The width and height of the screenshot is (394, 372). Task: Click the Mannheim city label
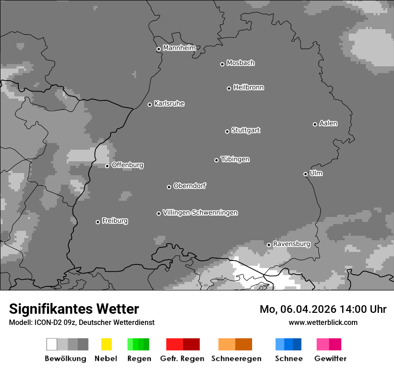[179, 48]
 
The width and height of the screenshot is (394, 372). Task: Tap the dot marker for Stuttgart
[227, 131]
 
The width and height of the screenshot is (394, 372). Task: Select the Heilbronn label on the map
[248, 87]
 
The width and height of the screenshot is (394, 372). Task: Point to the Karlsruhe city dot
[150, 104]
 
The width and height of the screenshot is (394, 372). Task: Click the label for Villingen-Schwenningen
[200, 212]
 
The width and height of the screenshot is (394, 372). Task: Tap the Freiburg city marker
[98, 222]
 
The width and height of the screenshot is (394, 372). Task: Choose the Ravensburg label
[291, 244]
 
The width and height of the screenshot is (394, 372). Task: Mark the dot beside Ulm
[305, 174]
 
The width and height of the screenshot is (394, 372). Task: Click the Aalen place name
[328, 123]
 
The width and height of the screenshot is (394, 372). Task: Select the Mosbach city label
[240, 63]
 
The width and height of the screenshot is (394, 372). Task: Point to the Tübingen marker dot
[216, 160]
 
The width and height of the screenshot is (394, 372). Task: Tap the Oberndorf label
[189, 186]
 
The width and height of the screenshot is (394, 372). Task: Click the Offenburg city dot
[107, 166]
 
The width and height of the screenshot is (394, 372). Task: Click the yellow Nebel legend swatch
[106, 344]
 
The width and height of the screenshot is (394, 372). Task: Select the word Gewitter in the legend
[330, 359]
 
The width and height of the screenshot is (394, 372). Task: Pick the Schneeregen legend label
[236, 359]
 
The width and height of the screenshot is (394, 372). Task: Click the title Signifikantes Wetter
[74, 309]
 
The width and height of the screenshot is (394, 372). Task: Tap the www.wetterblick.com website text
[323, 322]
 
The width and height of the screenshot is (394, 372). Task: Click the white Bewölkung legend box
[52, 344]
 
